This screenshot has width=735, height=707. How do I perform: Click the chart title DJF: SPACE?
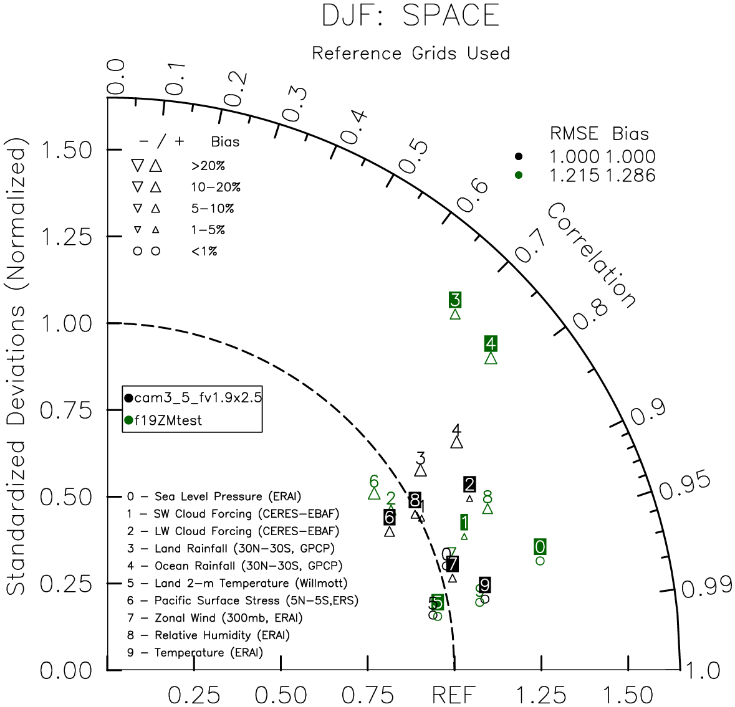pyautogui.click(x=410, y=15)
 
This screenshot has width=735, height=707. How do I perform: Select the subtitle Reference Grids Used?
pyautogui.click(x=411, y=54)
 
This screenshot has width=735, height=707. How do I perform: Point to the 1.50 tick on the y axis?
pyautogui.click(x=65, y=150)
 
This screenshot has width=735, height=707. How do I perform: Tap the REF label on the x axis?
pyautogui.click(x=454, y=695)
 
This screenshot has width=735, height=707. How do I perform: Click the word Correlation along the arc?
pyautogui.click(x=592, y=256)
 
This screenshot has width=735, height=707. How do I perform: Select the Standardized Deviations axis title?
pyautogui.click(x=17, y=371)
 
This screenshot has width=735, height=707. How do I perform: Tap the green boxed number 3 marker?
pyautogui.click(x=455, y=300)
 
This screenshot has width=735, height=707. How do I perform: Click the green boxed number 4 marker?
pyautogui.click(x=491, y=343)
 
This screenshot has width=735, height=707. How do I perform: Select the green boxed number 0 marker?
pyautogui.click(x=540, y=547)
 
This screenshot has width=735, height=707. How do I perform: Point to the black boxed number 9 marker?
pyautogui.click(x=484, y=585)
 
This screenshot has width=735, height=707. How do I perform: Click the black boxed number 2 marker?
pyautogui.click(x=469, y=484)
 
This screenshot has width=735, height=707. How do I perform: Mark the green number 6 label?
pyautogui.click(x=374, y=481)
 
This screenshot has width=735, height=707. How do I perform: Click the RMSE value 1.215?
pyautogui.click(x=574, y=176)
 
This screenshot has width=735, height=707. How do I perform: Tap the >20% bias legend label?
pyautogui.click(x=208, y=166)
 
